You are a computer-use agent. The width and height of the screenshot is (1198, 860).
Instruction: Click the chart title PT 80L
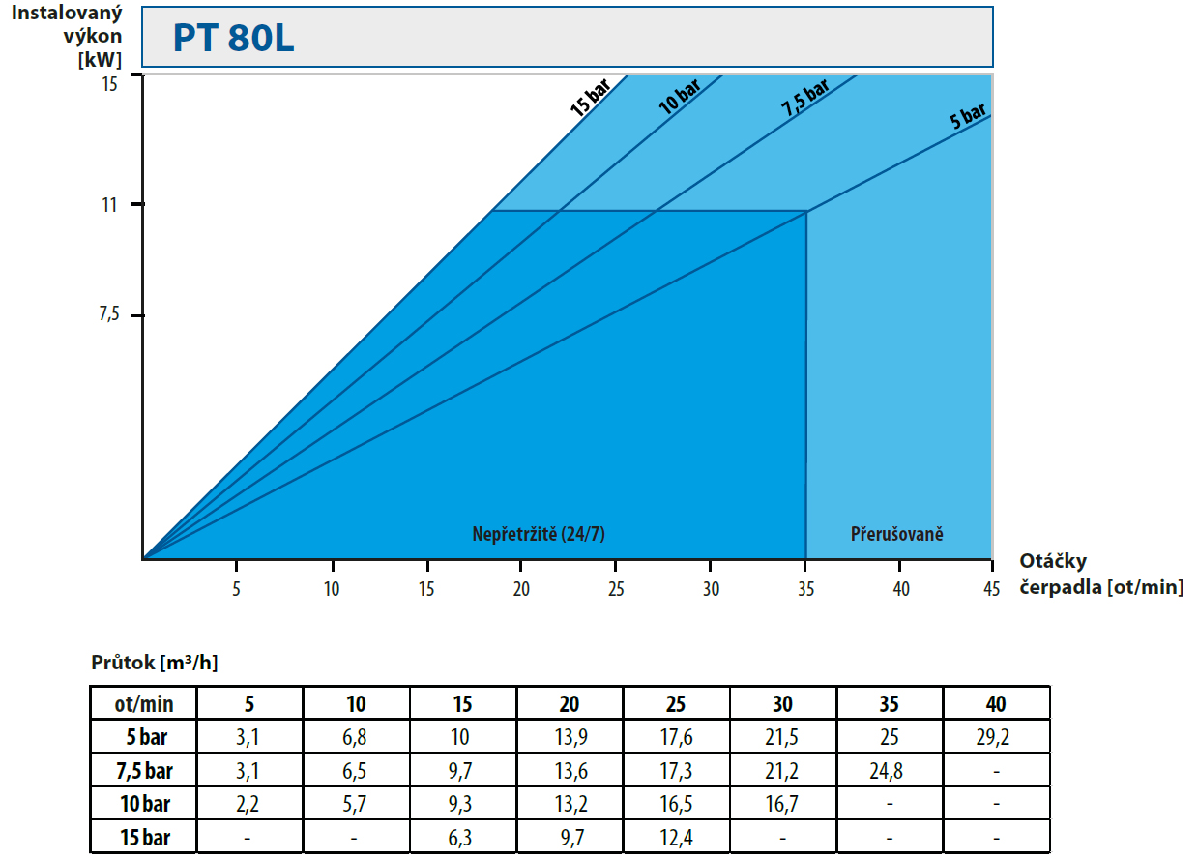click(x=234, y=38)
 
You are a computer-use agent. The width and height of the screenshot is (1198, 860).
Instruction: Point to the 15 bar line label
click(x=591, y=98)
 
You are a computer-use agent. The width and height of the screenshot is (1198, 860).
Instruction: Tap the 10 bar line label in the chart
click(x=679, y=97)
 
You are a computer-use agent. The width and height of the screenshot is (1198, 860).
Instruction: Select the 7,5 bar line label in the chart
click(x=804, y=98)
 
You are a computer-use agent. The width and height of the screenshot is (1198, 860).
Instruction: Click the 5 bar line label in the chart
click(x=968, y=115)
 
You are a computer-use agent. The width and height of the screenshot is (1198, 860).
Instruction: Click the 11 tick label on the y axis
click(x=109, y=205)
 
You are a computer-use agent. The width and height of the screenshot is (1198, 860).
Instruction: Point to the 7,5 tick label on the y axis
click(x=109, y=313)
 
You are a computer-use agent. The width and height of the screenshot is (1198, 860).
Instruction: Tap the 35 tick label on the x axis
click(x=806, y=589)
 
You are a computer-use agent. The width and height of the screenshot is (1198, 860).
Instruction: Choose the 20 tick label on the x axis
click(x=521, y=589)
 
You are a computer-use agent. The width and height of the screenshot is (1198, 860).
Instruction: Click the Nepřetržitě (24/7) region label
click(x=539, y=534)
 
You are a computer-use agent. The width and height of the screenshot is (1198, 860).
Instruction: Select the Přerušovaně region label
click(x=897, y=534)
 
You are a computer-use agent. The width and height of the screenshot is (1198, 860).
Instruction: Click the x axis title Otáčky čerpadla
click(x=1101, y=575)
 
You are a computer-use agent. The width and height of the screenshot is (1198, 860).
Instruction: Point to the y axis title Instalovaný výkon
click(x=67, y=24)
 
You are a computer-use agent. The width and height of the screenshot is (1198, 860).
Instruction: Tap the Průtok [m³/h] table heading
click(x=155, y=663)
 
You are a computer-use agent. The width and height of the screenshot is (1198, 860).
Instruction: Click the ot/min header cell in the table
click(x=144, y=704)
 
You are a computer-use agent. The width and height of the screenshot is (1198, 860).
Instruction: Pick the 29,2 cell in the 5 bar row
click(x=993, y=737)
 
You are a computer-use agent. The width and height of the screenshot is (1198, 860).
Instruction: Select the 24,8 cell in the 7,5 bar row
click(x=887, y=771)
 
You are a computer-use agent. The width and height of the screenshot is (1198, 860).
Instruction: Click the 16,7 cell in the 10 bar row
click(x=781, y=804)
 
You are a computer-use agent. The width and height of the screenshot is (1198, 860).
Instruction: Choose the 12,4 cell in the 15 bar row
click(x=676, y=838)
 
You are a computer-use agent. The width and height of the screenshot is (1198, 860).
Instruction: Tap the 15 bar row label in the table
click(x=145, y=838)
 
